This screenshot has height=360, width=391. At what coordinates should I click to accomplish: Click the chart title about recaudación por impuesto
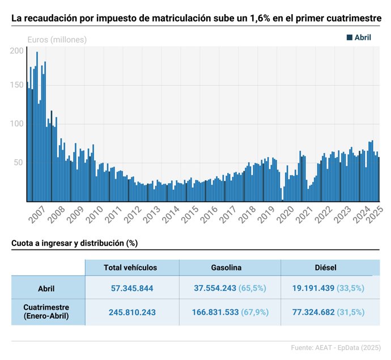pyautogui.click(x=195, y=18)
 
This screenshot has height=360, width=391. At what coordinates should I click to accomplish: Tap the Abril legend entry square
pyautogui.click(x=349, y=37)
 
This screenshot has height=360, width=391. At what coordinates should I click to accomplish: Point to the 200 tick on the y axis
pyautogui.click(x=18, y=50)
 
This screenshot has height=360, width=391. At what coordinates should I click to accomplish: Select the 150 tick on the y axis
pyautogui.click(x=18, y=85)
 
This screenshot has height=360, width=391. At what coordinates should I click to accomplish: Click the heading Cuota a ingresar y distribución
pyautogui.click(x=75, y=243)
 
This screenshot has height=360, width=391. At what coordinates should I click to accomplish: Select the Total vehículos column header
pyautogui.click(x=130, y=268)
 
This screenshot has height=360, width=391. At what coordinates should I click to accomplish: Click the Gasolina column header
pyautogui.click(x=226, y=268)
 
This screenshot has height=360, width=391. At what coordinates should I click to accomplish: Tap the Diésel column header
pyautogui.click(x=325, y=268)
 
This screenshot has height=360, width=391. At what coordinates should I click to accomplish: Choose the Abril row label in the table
pyautogui.click(x=46, y=289)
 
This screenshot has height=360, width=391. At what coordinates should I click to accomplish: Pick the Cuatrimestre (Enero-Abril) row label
pyautogui.click(x=46, y=312)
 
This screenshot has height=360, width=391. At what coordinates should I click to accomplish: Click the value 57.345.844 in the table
pyautogui.click(x=132, y=289)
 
